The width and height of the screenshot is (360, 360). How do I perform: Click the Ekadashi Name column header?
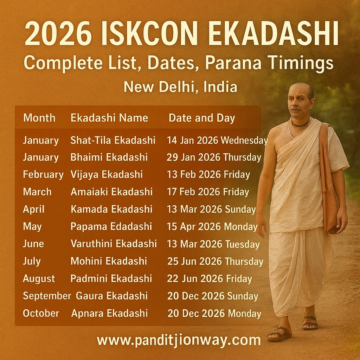(x=109, y=118)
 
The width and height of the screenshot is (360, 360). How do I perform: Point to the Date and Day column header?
(x=201, y=118)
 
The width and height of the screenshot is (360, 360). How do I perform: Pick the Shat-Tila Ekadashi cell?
(x=113, y=140)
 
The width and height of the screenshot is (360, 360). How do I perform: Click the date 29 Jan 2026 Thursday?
(x=214, y=157)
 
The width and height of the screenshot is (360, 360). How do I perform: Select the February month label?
(x=43, y=175)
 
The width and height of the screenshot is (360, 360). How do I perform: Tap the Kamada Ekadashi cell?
(x=111, y=209)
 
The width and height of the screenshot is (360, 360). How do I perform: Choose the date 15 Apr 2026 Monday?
(x=212, y=227)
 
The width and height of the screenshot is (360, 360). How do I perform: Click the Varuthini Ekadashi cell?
(x=114, y=244)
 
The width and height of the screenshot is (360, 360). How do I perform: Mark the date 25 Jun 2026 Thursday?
(x=215, y=261)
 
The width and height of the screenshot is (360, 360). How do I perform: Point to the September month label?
(x=47, y=296)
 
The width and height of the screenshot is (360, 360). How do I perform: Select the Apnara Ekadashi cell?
(x=110, y=313)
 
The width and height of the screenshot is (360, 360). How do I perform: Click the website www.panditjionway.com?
(x=179, y=340)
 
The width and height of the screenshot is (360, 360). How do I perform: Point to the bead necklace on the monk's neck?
(x=300, y=124)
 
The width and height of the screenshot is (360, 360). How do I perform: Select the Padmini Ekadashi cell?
(x=111, y=279)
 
